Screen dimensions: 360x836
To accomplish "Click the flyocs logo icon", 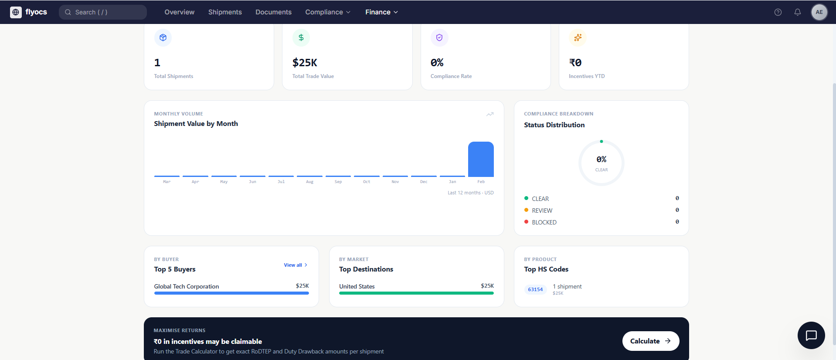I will coord(16,12).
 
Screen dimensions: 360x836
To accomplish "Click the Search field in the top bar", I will coord(103,12).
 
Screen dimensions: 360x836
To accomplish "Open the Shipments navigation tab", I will coord(225,12).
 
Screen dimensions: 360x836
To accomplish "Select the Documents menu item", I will coord(273,12).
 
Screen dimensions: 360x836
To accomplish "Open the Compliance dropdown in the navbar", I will coord(327,12).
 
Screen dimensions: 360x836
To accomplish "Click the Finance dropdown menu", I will coord(381,12).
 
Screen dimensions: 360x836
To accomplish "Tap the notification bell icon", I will coord(797,12).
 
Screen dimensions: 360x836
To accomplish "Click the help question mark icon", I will coord(778,12).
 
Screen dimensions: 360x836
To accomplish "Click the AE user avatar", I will coord(819,12).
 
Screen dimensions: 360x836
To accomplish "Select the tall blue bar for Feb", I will coord(481,159).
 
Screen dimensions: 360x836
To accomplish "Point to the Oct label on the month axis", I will coord(367,182).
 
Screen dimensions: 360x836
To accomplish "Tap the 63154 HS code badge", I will coord(535,289).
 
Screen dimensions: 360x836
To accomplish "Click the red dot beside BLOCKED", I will coord(526,222).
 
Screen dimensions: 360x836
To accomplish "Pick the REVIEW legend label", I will coord(542,211).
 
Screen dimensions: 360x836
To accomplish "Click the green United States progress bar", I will coord(416,293).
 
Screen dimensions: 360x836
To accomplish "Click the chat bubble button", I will coord(811,335).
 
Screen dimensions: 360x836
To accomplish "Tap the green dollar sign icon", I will coord(301,37).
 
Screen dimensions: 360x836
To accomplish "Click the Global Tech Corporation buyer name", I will coord(187,286).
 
